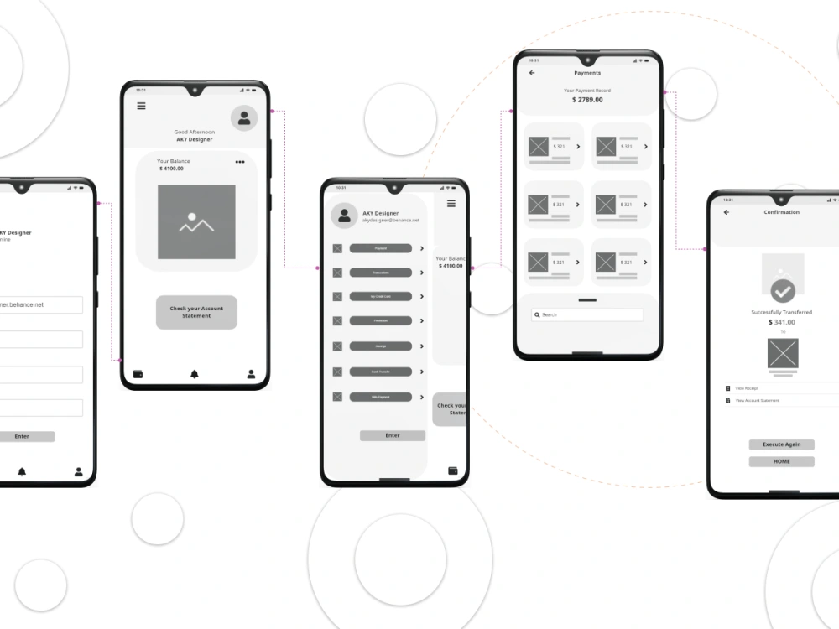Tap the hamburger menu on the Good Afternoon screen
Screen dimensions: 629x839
pos(141,106)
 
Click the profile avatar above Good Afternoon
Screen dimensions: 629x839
pos(244,118)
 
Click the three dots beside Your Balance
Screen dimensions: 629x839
pos(240,162)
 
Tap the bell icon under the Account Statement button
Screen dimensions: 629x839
pos(195,374)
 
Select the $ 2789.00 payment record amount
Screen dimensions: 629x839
pos(587,100)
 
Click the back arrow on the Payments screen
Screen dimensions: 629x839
pos(532,73)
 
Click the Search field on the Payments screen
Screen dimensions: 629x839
pos(587,314)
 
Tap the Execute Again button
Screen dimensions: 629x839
pos(781,444)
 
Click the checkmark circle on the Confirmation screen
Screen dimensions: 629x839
pos(783,291)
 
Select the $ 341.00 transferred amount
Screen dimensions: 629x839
pos(782,322)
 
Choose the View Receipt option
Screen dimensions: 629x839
pos(747,388)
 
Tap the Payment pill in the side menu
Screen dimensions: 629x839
pos(381,248)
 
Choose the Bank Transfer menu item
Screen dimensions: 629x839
pos(381,372)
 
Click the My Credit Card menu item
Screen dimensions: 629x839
pos(381,296)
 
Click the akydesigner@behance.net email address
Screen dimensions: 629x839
pos(390,221)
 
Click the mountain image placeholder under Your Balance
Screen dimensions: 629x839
pos(196,222)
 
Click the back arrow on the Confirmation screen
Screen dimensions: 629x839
pos(727,212)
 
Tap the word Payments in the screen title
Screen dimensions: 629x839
pos(587,73)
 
